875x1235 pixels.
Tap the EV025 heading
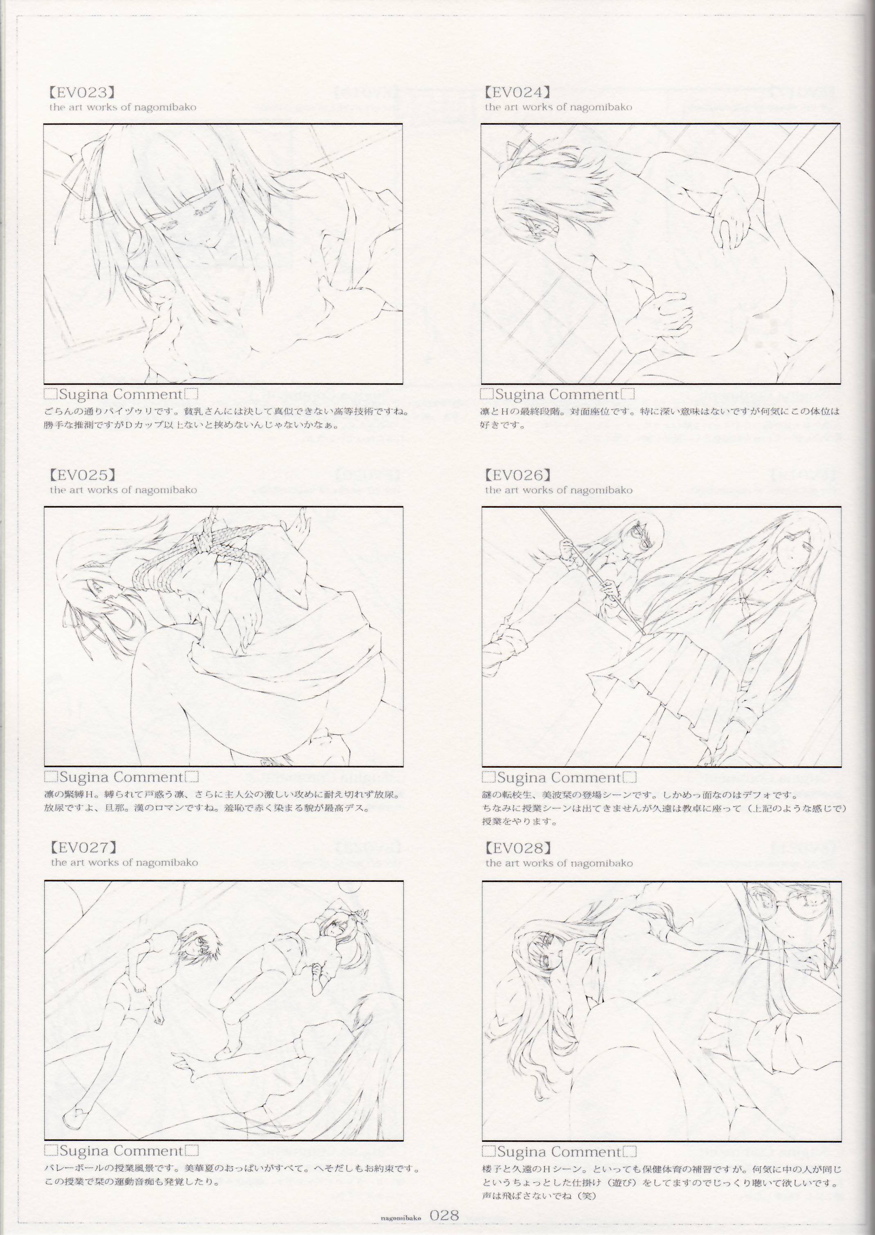point(83,475)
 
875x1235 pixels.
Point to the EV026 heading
point(517,475)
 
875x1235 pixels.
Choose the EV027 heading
point(83,848)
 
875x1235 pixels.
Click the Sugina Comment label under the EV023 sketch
point(121,395)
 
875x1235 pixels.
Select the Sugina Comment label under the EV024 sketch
point(557,395)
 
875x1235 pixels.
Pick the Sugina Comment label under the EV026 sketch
point(559,778)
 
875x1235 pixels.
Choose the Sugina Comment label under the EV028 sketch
point(559,1152)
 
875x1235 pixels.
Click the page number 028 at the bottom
point(444,1211)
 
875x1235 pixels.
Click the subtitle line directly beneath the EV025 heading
point(123,490)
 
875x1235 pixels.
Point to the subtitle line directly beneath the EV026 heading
point(559,490)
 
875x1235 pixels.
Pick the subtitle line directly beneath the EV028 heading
point(559,863)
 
